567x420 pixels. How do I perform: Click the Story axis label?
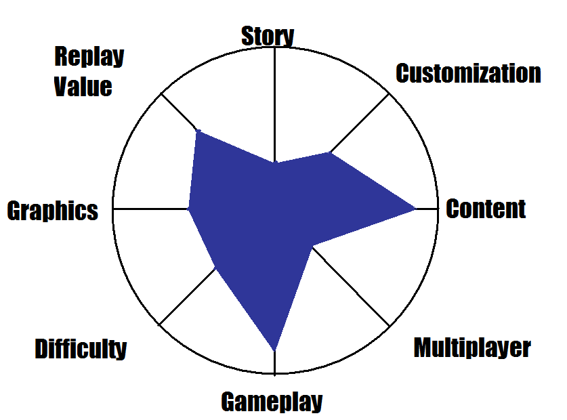point(268,36)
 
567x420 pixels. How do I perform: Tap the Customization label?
point(468,73)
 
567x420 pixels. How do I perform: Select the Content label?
point(486,209)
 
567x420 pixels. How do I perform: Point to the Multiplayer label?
point(472,348)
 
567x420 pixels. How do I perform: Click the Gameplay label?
point(272,402)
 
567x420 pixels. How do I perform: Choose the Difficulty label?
point(81,349)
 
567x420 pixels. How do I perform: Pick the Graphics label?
point(52,211)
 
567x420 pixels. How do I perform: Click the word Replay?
point(89,56)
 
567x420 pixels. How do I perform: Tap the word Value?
point(83,87)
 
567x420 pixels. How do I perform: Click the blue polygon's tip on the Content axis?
point(415,209)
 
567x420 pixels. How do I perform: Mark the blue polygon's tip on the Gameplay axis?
point(274,350)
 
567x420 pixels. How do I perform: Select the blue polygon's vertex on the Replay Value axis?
point(197,131)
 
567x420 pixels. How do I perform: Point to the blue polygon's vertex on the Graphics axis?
point(188,209)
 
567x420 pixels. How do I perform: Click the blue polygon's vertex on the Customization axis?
point(330,153)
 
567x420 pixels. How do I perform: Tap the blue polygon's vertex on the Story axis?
point(274,163)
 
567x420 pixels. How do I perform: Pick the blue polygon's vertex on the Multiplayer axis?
point(312,247)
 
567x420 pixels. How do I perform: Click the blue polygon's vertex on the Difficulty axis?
point(215,268)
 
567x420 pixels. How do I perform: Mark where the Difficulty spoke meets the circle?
point(160,324)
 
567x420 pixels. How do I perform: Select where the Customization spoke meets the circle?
point(390,93)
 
